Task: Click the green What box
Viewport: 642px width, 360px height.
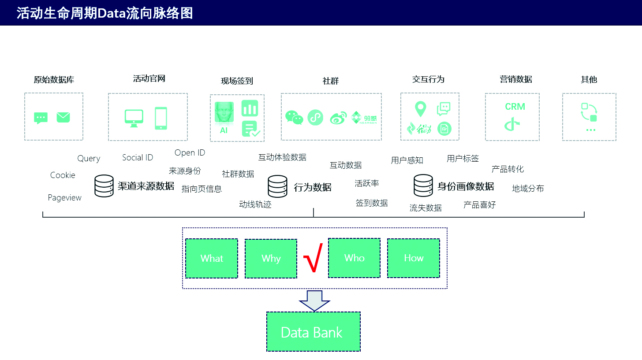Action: pos(212,258)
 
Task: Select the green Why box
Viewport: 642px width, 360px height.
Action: pos(271,259)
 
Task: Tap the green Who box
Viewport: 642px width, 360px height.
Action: pos(354,258)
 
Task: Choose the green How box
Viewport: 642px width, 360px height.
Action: pos(414,258)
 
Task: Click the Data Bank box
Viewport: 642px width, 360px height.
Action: pos(314,332)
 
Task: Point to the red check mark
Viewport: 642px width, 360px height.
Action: pos(313,258)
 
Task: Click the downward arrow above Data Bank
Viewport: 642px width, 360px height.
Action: pos(314,301)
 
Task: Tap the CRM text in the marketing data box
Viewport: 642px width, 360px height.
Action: pos(515,107)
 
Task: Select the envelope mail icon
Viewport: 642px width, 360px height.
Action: pos(63,117)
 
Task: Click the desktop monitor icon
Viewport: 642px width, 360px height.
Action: pos(134,118)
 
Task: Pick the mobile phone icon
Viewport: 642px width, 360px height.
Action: pos(161,118)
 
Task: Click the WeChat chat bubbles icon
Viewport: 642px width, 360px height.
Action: pos(294,117)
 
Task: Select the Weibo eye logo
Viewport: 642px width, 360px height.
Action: pos(338,118)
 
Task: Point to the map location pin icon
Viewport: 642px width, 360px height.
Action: pos(421,109)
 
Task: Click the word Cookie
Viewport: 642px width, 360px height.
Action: pos(63,175)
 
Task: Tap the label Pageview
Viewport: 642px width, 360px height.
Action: pos(64,197)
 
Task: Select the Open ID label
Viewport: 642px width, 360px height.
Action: pos(190,152)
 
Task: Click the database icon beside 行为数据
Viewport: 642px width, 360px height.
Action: pos(277,186)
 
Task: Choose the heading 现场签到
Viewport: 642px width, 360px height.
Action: pos(237,81)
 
